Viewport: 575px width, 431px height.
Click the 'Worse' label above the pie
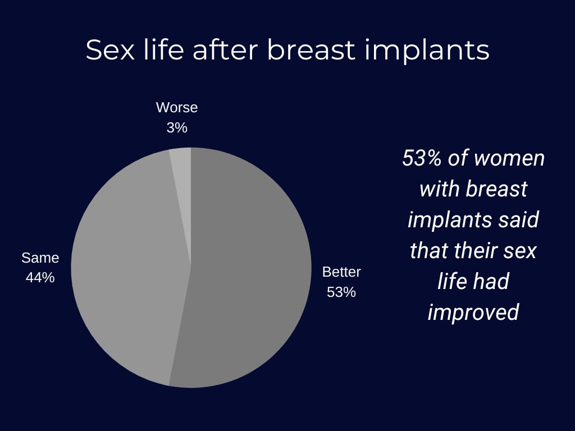[x=177, y=107]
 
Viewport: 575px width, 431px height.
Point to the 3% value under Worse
[x=177, y=127]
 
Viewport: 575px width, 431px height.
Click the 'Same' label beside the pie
[x=40, y=258]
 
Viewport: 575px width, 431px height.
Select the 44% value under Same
[x=40, y=277]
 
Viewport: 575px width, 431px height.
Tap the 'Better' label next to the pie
[x=341, y=272]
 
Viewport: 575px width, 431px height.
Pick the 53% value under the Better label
[x=341, y=292]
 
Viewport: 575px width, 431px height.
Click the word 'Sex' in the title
[x=110, y=50]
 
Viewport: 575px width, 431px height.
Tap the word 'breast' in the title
[x=312, y=49]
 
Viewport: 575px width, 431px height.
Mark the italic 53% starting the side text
[x=422, y=158]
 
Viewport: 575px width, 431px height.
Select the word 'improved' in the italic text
[x=473, y=312]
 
